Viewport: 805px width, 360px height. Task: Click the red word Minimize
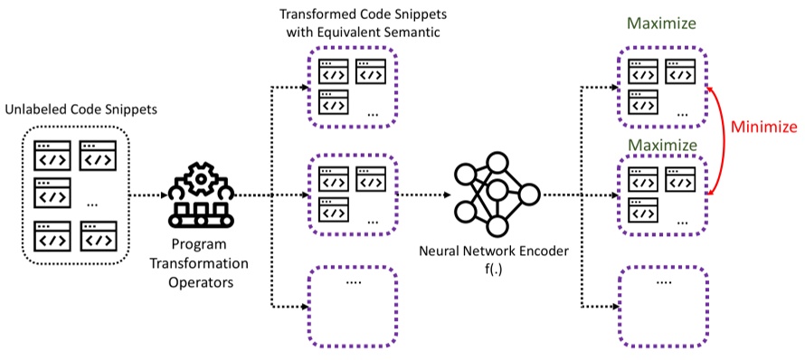[x=763, y=127]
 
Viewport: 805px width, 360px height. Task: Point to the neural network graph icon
[x=494, y=192]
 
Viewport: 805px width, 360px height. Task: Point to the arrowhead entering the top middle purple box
[x=303, y=88]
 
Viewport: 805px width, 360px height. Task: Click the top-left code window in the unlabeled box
[x=51, y=155]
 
